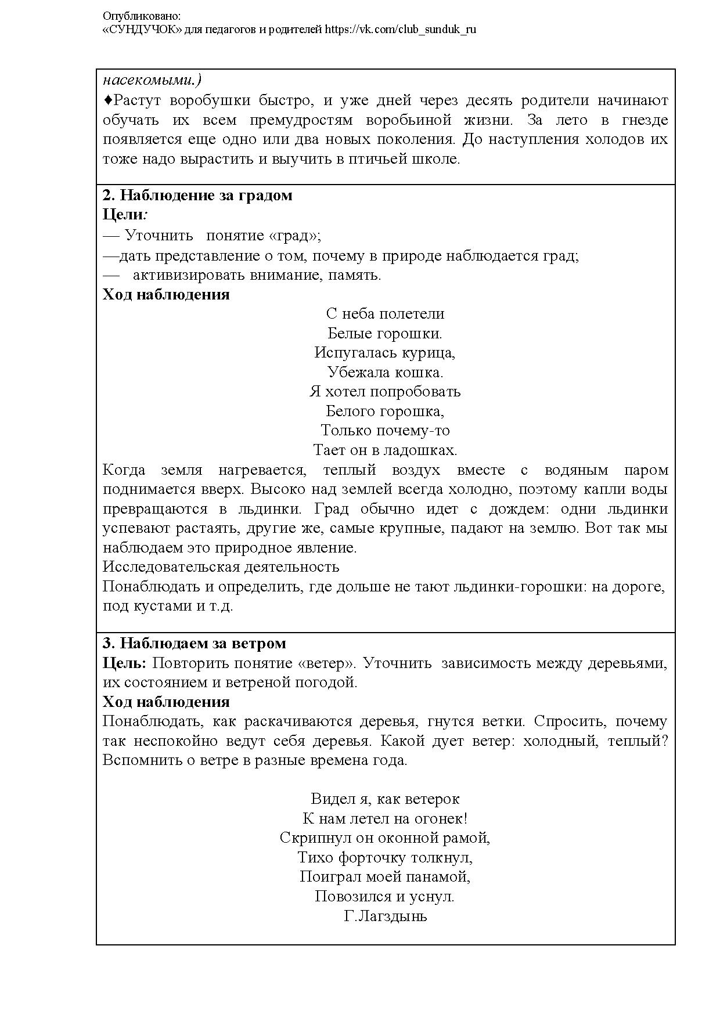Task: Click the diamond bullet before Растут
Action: [x=107, y=100]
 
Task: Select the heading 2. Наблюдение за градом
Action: [x=197, y=196]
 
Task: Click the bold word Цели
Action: [x=123, y=215]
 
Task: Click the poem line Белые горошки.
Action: [x=384, y=334]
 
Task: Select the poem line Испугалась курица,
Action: [x=384, y=353]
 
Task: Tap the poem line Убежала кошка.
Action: [x=384, y=373]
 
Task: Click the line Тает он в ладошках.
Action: [x=384, y=450]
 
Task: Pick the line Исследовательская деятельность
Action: [x=221, y=566]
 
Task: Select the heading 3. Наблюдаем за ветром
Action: [x=195, y=644]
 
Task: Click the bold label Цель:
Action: [x=124, y=663]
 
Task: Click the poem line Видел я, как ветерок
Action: [x=384, y=799]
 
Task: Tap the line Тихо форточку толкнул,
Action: [x=384, y=857]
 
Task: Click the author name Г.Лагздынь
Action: [x=384, y=916]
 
